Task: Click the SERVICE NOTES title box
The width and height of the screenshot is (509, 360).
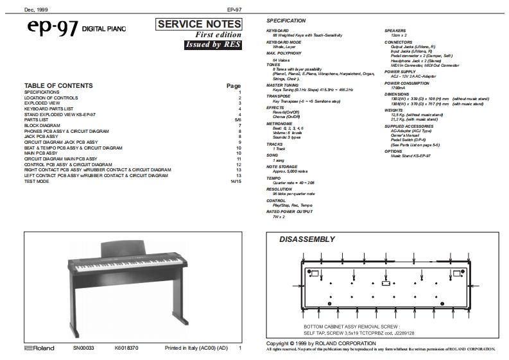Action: tap(200, 24)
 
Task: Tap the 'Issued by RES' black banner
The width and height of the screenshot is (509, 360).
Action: tap(212, 45)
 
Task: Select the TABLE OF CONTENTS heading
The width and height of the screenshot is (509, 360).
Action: tap(58, 85)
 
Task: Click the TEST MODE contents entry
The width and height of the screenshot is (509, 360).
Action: tap(37, 182)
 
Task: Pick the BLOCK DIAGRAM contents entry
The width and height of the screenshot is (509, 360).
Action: tap(42, 126)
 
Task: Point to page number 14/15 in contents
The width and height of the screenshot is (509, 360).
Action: tap(236, 182)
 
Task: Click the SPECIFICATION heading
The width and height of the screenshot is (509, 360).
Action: tap(286, 21)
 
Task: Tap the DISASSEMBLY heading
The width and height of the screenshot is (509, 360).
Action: tap(307, 239)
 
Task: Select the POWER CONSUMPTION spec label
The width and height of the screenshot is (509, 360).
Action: tap(407, 83)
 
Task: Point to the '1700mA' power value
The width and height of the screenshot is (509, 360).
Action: tap(398, 88)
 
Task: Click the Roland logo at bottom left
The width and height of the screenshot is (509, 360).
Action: tap(40, 348)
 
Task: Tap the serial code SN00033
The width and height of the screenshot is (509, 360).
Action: tap(83, 348)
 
